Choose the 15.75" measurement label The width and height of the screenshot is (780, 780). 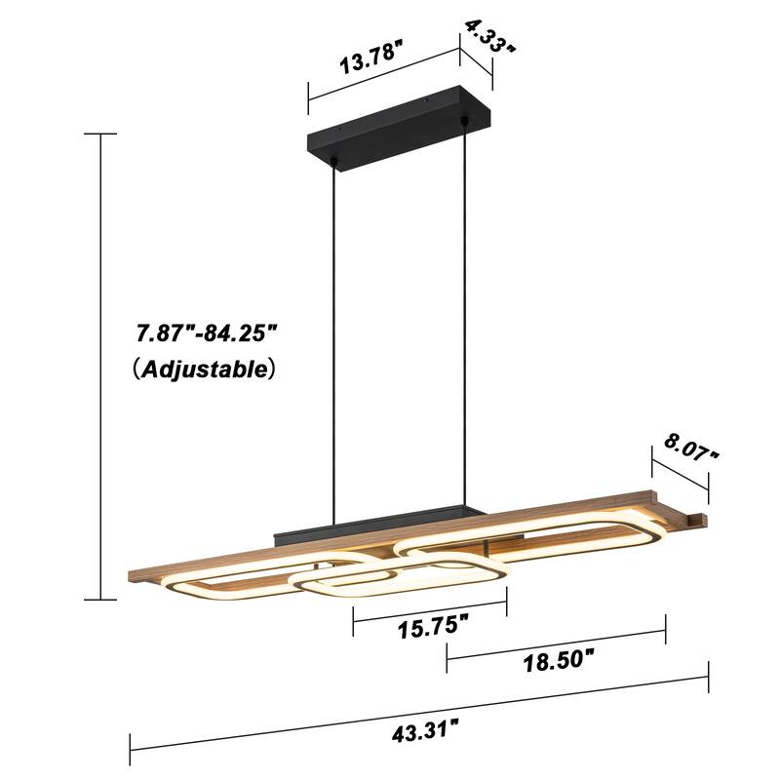click(430, 626)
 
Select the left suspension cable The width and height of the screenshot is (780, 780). click(337, 341)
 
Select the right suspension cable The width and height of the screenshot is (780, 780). click(465, 322)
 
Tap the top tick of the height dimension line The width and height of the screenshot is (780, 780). click(100, 134)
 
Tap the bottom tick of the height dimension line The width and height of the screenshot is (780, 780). click(100, 600)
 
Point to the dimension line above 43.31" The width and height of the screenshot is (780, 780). click(419, 706)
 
